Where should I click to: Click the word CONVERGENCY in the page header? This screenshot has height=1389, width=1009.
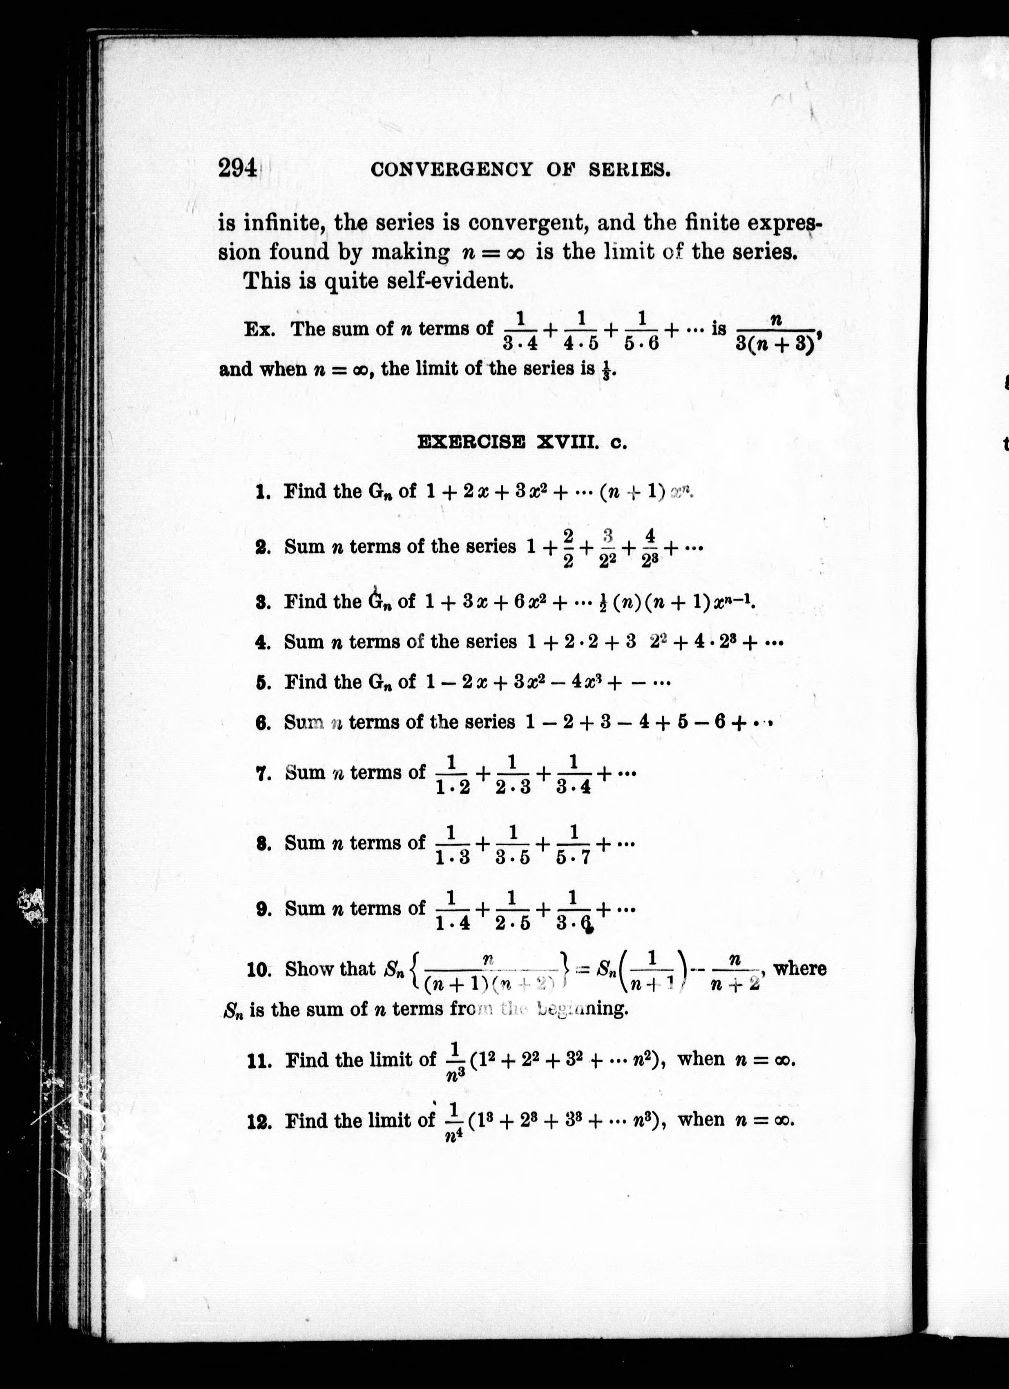(x=451, y=170)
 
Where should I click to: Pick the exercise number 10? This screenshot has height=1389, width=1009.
(x=259, y=970)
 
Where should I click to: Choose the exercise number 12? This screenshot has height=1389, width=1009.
(x=259, y=1123)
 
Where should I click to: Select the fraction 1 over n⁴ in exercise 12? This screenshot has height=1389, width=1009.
(x=454, y=1123)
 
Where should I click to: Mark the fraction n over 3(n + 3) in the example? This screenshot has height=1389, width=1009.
(x=776, y=331)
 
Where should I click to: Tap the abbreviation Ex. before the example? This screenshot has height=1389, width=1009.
(x=259, y=330)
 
